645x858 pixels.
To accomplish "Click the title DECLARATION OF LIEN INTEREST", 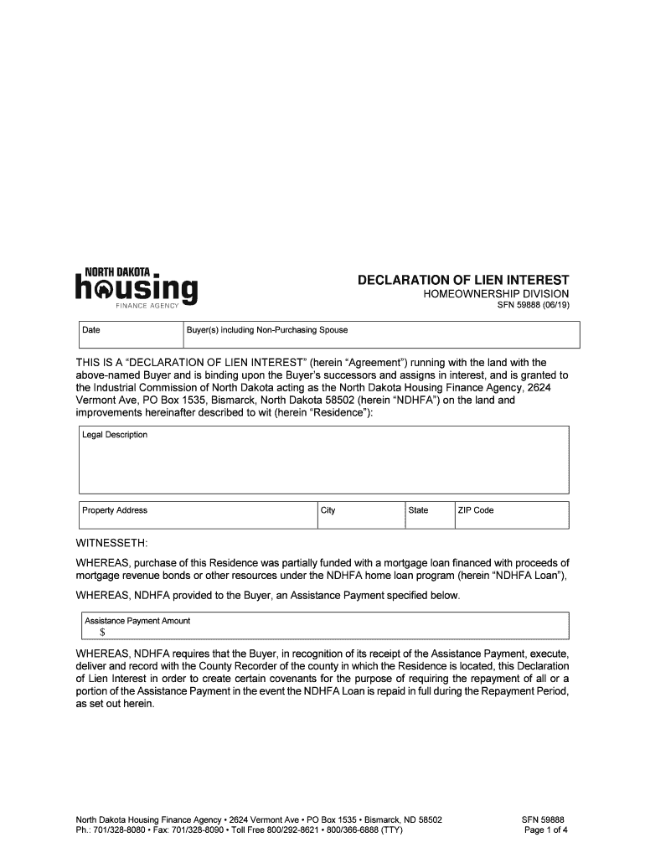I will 463,279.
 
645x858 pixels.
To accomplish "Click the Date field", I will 130,334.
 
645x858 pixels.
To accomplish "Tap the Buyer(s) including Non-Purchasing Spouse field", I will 381,334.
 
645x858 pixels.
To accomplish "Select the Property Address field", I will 196,514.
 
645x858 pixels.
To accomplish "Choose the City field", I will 358,514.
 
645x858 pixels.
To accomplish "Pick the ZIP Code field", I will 510,514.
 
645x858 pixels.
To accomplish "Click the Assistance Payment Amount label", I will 136,621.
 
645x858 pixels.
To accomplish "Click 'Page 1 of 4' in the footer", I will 546,830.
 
